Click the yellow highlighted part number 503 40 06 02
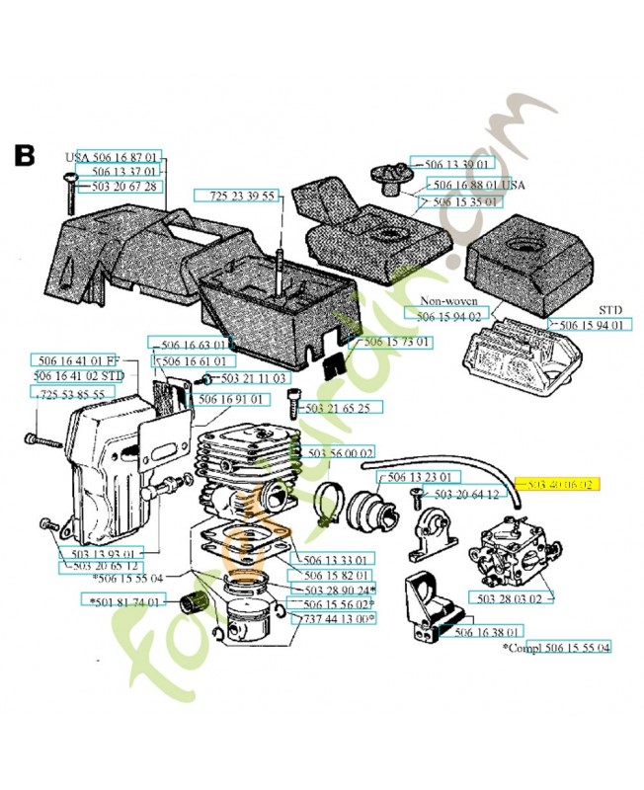click(x=559, y=485)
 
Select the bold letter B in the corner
click(x=25, y=155)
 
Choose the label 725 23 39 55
click(x=242, y=197)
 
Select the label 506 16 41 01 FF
click(x=75, y=360)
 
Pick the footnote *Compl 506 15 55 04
click(x=556, y=647)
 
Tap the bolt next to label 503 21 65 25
click(x=293, y=404)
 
